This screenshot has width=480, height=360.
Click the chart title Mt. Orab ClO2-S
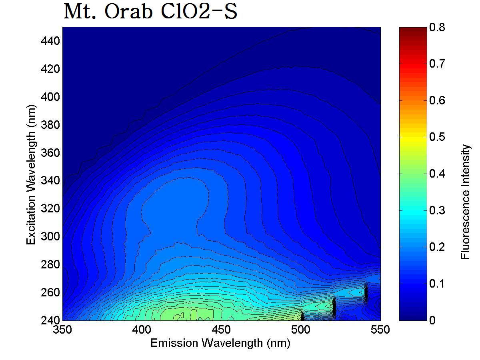pos(150,12)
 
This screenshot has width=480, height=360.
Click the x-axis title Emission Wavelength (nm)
pos(220,343)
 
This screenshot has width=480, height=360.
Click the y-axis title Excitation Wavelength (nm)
pos(32,174)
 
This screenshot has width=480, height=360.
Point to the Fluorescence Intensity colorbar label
pos(465,202)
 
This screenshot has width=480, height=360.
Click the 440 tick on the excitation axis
pos(50,41)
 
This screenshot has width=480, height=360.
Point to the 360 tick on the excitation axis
pos(50,153)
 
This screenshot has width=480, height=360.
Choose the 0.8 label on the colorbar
pos(436,28)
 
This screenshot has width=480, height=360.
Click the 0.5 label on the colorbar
pos(436,137)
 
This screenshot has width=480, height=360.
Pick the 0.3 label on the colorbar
pos(436,210)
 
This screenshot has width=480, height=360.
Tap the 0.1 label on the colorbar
pos(436,284)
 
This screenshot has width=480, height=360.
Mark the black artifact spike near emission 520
pos(334,307)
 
